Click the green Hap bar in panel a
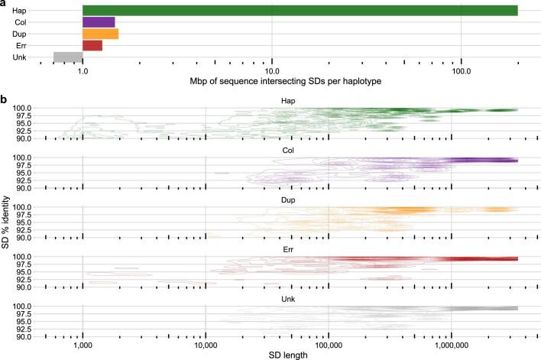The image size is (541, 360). tap(300, 11)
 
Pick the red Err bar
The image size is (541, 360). tap(92, 45)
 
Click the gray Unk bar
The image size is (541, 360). tap(67, 57)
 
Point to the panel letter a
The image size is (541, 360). tap(5, 5)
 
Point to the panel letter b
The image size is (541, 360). tap(5, 100)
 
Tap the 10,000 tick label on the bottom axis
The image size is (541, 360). tap(206, 343)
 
